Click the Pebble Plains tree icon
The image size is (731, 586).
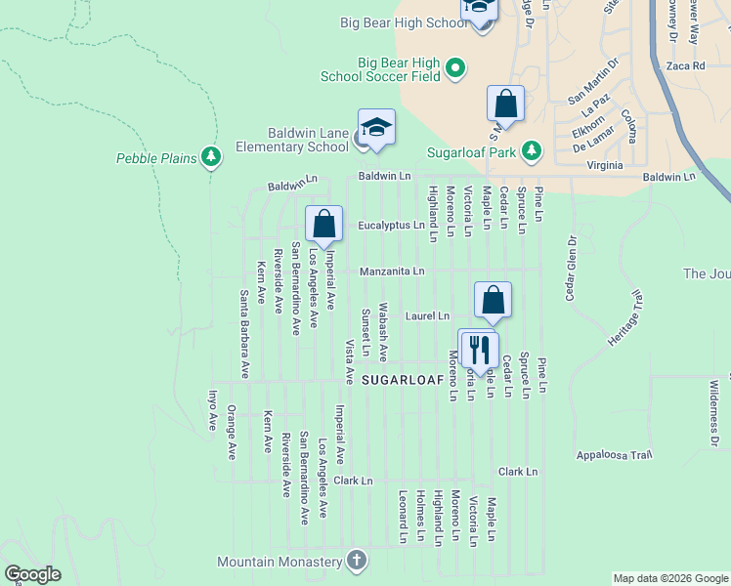(211, 157)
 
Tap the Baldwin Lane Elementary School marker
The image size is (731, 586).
(376, 128)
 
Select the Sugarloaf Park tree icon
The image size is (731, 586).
(531, 151)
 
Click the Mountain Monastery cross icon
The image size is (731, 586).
(357, 561)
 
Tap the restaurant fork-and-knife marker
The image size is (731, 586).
(479, 349)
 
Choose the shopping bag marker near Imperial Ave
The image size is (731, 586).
(323, 224)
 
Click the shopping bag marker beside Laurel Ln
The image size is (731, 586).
(494, 301)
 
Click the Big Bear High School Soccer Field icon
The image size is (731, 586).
(454, 67)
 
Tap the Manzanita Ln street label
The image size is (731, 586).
(393, 271)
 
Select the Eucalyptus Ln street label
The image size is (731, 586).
(391, 225)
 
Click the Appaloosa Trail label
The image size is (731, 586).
(614, 455)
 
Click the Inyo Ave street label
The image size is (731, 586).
(212, 410)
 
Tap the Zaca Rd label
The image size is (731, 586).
(685, 66)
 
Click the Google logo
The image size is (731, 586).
(33, 574)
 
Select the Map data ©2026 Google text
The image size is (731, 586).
(670, 578)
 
